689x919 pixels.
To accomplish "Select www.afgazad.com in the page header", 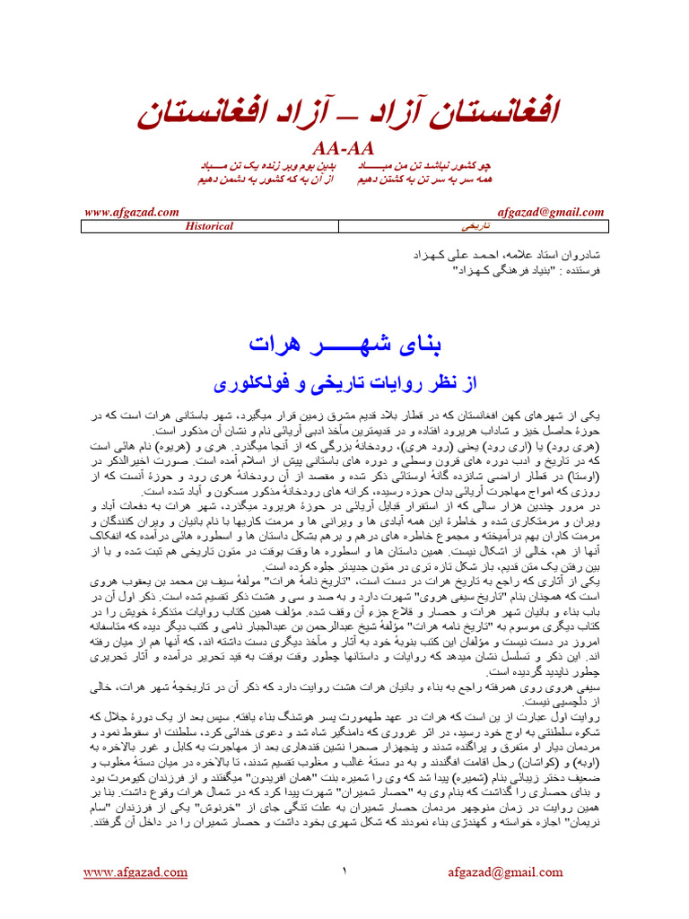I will coord(132,212).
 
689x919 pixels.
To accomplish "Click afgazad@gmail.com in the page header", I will coord(550,212).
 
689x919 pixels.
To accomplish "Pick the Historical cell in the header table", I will coord(209,226).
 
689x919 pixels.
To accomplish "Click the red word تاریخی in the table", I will coord(475,226).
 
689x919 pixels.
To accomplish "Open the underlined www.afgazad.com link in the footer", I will coord(132,873).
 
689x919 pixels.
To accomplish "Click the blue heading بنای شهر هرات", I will coord(345,345).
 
